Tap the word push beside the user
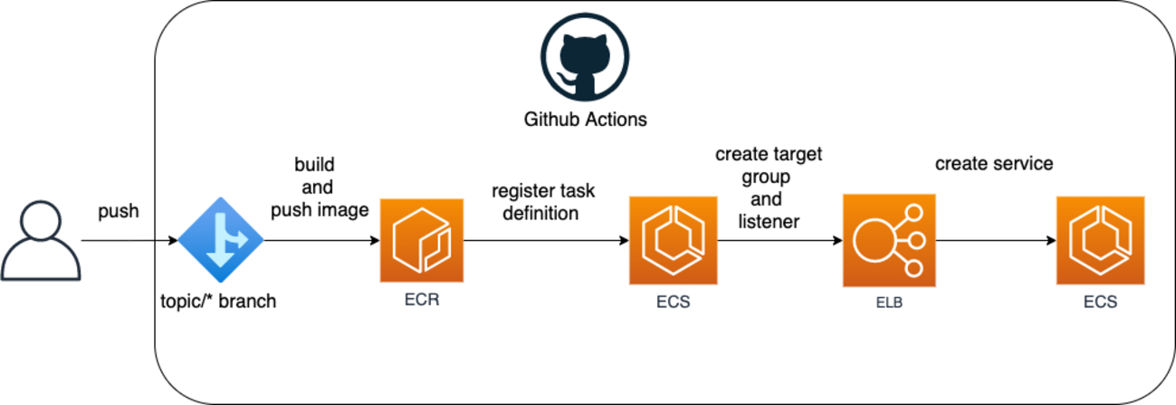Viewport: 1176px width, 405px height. coord(119,211)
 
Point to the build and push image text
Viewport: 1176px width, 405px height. coord(314,188)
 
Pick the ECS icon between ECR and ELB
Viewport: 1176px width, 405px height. coord(673,240)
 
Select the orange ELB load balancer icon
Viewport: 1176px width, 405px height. coord(885,240)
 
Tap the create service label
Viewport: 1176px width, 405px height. coord(994,164)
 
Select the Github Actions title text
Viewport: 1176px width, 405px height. coord(586,120)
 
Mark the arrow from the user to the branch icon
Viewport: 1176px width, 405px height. coord(127,241)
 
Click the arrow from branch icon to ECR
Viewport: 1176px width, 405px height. coord(321,241)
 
